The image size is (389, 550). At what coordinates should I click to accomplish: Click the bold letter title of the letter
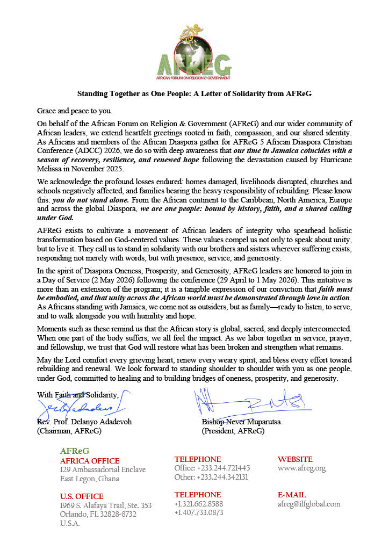[x=195, y=93]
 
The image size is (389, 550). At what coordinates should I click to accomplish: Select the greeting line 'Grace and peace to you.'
[x=75, y=111]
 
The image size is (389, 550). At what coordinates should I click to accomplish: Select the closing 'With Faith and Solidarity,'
[x=77, y=395]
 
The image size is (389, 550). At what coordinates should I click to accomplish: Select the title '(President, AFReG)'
[x=233, y=431]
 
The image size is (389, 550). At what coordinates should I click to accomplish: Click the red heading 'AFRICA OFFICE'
[x=90, y=461]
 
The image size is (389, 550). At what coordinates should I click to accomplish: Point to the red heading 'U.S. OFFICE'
[x=82, y=496]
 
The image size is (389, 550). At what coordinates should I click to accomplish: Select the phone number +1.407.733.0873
[x=199, y=512]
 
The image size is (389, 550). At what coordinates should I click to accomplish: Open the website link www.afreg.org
[x=301, y=468]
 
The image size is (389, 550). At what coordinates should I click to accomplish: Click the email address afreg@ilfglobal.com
[x=309, y=504]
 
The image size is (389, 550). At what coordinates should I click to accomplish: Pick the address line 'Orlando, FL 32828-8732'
[x=98, y=514]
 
